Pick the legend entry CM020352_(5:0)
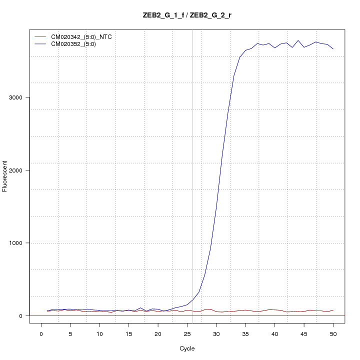73,44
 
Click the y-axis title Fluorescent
5,176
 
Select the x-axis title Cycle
187,348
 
